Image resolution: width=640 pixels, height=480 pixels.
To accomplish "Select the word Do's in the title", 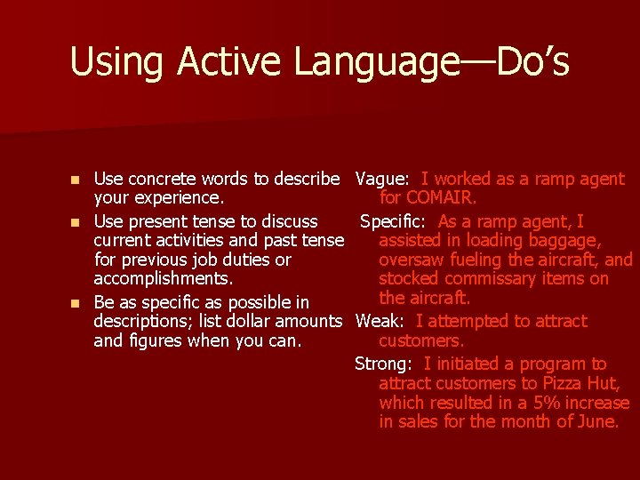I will tap(532, 62).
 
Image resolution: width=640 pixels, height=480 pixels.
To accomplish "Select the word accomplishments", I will tap(164, 279).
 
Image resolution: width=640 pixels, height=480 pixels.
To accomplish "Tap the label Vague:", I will tap(381, 179).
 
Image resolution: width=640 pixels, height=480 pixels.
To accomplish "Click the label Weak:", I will tap(380, 321).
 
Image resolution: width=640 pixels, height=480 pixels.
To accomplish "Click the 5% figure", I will tap(537, 403).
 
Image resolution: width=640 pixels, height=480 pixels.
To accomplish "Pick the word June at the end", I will tap(595, 421).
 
